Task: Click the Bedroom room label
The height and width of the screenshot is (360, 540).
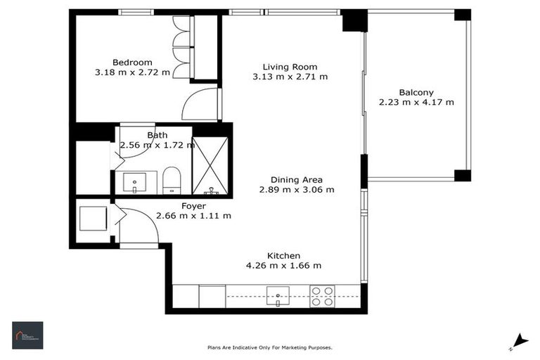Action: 132,62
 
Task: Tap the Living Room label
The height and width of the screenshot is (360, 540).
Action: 290,67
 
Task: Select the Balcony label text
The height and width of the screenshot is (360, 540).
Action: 416,92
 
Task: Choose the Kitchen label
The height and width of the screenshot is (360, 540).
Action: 283,255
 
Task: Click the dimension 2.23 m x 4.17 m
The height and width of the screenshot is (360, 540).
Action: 416,102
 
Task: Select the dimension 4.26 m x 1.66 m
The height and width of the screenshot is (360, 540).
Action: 283,265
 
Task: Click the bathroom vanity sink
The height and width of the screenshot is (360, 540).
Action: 135,182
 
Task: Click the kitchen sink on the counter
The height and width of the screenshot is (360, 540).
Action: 278,295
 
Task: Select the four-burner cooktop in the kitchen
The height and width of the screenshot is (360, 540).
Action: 322,295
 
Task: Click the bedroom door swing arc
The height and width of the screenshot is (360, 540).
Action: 199,105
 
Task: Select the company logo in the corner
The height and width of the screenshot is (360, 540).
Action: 27,335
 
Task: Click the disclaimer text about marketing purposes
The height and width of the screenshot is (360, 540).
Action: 269,347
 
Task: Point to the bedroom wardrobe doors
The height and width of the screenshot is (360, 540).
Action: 181,48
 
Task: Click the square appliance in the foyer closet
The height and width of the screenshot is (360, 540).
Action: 92,219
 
